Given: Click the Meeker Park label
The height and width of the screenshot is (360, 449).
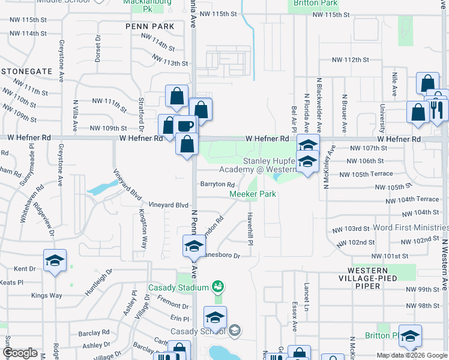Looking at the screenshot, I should pyautogui.click(x=253, y=194).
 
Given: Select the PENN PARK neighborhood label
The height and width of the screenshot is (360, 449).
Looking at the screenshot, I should pyautogui.click(x=150, y=26).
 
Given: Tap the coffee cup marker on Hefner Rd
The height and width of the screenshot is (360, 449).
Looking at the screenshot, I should pyautogui.click(x=185, y=127).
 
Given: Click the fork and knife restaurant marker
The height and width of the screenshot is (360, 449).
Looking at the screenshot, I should pyautogui.click(x=436, y=109).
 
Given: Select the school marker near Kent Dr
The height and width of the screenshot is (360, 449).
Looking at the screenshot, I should pyautogui.click(x=55, y=261).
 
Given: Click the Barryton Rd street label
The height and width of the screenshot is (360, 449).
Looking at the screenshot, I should pyautogui.click(x=217, y=184).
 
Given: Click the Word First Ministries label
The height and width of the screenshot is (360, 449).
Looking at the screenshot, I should pyautogui.click(x=411, y=228).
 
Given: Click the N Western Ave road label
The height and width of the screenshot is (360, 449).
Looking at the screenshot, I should pyautogui.click(x=444, y=264).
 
